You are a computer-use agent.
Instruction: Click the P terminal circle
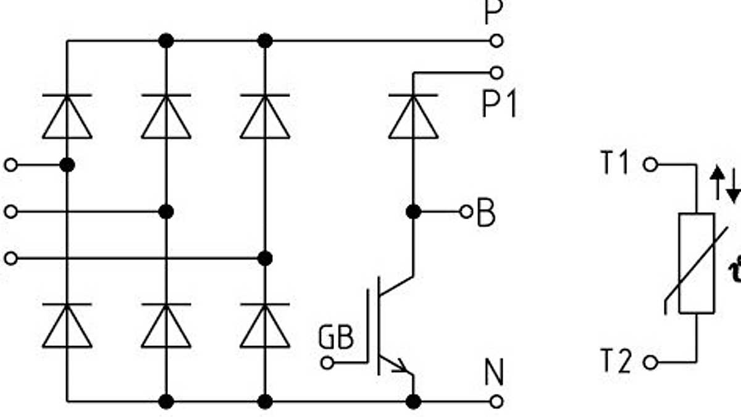coord(496,41)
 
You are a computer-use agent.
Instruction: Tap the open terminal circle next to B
coord(466,212)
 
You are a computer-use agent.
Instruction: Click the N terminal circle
coord(496,402)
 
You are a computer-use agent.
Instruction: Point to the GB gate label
coord(337,337)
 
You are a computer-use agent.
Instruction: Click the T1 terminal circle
coord(650,165)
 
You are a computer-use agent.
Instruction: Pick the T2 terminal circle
coord(650,362)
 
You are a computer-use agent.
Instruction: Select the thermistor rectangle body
coord(697,263)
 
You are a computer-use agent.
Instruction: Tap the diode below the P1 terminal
coord(413,116)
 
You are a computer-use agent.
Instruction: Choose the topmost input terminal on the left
coord(10,165)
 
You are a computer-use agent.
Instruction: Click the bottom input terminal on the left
coord(10,258)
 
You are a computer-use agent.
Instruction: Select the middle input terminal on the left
coord(10,212)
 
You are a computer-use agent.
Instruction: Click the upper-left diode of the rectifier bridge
coord(67,116)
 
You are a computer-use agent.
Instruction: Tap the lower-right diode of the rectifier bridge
coord(265,325)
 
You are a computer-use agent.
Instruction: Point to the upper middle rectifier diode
coord(166,116)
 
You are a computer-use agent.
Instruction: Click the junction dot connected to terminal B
coord(413,212)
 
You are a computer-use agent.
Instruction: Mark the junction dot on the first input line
coord(67,165)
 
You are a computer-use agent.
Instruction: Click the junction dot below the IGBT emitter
coord(413,402)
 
